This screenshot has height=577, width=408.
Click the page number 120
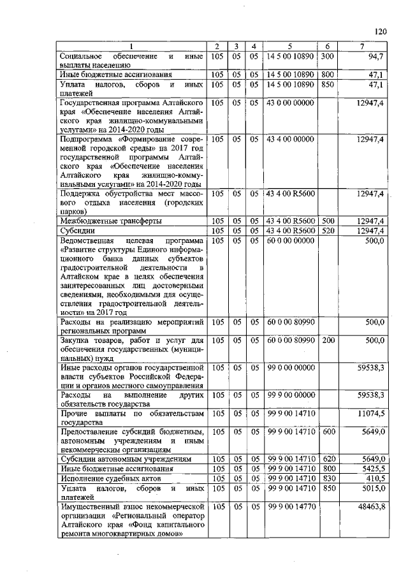point(381,30)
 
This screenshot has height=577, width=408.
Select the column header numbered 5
point(290,47)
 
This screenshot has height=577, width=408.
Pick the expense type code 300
point(327,56)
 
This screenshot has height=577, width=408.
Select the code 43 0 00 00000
point(290,103)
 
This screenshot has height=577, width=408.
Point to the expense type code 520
point(327,230)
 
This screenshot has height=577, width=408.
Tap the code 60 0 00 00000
point(290,240)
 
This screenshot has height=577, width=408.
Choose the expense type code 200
point(327,340)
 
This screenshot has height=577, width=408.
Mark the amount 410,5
point(374,478)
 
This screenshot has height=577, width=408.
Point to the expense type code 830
point(327,478)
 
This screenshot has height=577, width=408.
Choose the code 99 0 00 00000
point(290,367)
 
